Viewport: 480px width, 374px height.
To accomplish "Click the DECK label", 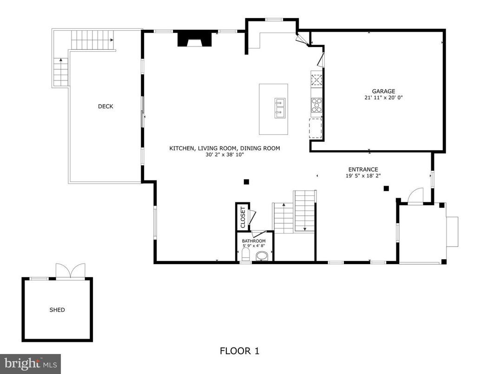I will pyautogui.click(x=105, y=107).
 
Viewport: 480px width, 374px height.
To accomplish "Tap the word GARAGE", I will pyautogui.click(x=383, y=91).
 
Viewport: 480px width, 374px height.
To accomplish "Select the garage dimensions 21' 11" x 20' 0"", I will pyautogui.click(x=383, y=98).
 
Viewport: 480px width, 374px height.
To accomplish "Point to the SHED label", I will pyautogui.click(x=57, y=310).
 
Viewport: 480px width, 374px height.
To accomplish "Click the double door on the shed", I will pyautogui.click(x=71, y=271).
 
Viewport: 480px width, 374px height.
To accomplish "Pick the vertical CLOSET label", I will pyautogui.click(x=243, y=217).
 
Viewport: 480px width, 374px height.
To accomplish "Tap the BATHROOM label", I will pyautogui.click(x=254, y=241).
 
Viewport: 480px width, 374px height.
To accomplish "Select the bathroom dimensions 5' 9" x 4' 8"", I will pyautogui.click(x=254, y=247).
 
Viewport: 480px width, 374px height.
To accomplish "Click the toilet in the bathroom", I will pyautogui.click(x=246, y=255).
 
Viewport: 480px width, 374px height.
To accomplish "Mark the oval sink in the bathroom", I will pyautogui.click(x=263, y=256).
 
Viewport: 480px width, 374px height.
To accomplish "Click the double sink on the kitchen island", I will pyautogui.click(x=280, y=108).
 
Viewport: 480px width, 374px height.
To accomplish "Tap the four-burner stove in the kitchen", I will pyautogui.click(x=316, y=105).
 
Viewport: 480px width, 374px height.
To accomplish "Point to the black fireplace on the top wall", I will pyautogui.click(x=195, y=39).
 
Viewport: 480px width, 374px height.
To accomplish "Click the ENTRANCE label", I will pyautogui.click(x=363, y=169).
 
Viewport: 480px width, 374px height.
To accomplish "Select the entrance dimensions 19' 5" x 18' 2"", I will pyautogui.click(x=363, y=176).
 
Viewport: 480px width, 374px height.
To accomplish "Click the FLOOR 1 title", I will pyautogui.click(x=239, y=351).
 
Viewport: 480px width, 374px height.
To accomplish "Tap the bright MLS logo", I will pyautogui.click(x=30, y=362).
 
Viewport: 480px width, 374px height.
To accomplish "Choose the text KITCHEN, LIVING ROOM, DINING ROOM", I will pyautogui.click(x=224, y=148).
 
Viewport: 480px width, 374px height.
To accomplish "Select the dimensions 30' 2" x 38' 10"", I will pyautogui.click(x=224, y=155).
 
